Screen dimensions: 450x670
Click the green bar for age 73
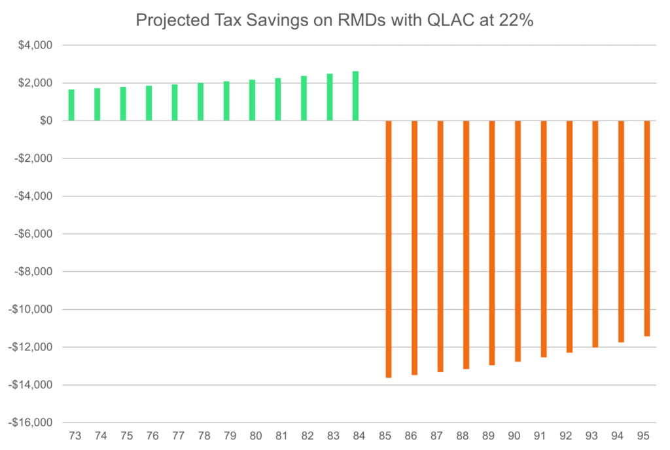(x=71, y=105)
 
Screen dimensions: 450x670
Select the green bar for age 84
(x=355, y=96)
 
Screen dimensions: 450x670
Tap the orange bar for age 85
(x=389, y=249)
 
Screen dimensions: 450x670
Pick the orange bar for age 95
(x=647, y=229)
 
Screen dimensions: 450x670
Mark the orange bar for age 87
(x=440, y=246)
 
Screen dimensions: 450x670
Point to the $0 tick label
(x=46, y=121)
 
